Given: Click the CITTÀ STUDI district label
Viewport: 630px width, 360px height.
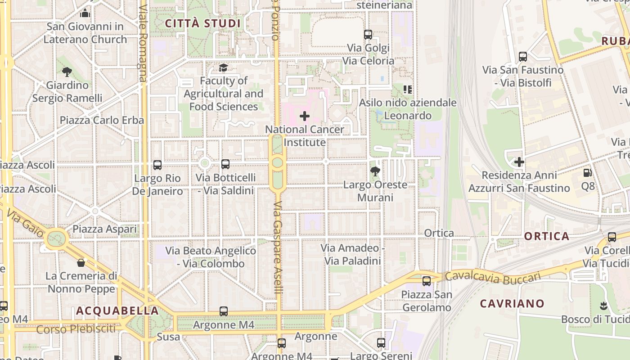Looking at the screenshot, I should tap(202, 23).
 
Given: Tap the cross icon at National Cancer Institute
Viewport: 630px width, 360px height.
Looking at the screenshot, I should tap(305, 116).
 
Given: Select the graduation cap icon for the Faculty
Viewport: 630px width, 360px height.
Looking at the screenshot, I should tap(223, 68).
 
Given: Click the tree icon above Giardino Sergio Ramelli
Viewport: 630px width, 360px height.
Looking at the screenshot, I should tap(67, 72).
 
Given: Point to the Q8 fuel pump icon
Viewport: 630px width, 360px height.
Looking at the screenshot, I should tap(587, 173).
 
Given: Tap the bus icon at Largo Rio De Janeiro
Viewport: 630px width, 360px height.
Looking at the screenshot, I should tap(157, 165).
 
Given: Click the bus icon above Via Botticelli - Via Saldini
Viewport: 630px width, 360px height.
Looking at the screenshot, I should tap(225, 164).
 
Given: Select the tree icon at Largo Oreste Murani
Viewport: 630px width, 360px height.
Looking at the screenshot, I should tap(375, 171).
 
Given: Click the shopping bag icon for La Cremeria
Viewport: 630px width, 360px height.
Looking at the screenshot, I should tap(81, 263).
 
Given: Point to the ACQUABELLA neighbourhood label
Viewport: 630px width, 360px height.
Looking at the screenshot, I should tap(117, 311).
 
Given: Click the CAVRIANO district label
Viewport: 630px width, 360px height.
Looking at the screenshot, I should tap(512, 304).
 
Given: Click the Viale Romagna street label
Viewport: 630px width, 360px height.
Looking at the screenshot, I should tap(143, 43).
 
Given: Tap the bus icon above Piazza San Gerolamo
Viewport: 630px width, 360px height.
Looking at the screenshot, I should tap(426, 281).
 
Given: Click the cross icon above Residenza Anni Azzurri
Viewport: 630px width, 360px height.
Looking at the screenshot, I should tap(519, 162).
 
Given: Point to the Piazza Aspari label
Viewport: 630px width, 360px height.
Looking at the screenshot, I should tap(105, 229).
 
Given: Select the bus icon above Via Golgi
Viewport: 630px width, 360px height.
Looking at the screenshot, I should tap(368, 35).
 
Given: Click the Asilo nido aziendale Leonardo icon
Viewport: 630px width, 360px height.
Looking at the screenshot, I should tap(408, 90).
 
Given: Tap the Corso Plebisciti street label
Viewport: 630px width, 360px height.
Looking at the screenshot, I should tap(76, 329).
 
